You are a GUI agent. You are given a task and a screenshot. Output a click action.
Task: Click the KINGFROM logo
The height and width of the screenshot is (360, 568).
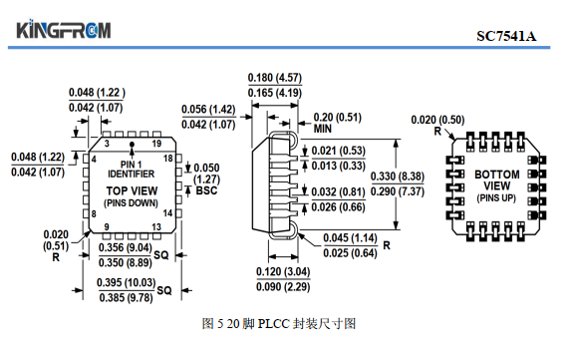pyautogui.click(x=64, y=29)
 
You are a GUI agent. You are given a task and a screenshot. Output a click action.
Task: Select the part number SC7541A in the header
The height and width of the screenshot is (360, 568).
pyautogui.click(x=506, y=36)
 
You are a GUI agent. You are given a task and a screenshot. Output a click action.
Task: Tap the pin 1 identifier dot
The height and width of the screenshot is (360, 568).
pyautogui.click(x=132, y=144)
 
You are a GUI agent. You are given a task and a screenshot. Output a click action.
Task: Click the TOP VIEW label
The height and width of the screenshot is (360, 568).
pyautogui.click(x=132, y=190)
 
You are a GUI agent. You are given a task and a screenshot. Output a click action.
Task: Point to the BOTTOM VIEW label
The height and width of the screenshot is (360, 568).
pyautogui.click(x=497, y=180)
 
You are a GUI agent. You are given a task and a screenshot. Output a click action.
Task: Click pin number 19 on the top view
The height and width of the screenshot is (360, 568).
pyautogui.click(x=156, y=144)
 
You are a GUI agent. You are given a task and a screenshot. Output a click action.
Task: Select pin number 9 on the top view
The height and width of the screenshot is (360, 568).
pyautogui.click(x=107, y=227)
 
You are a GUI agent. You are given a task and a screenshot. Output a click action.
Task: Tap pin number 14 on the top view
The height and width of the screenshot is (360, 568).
pyautogui.click(x=167, y=213)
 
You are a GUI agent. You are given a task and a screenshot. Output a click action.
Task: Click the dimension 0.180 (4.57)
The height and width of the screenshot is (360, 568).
pyautogui.click(x=275, y=78)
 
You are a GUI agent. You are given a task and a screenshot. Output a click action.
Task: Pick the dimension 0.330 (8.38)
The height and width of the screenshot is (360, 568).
pyautogui.click(x=398, y=177)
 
